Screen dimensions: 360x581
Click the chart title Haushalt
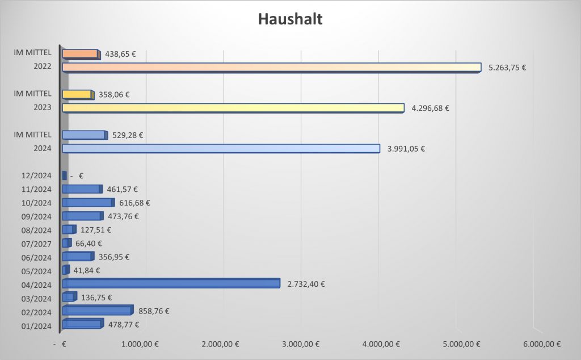[x=290, y=19]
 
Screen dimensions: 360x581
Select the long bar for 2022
[x=271, y=67]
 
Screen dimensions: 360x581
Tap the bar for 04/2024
[x=171, y=283]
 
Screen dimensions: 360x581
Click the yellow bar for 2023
[x=233, y=107]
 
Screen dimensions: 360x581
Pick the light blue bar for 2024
[x=221, y=148]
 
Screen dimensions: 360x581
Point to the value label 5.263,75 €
[x=507, y=68]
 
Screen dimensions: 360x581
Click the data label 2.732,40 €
[x=306, y=284]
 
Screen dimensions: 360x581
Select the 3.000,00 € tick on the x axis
[x=301, y=344]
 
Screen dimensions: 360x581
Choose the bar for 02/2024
[x=97, y=311]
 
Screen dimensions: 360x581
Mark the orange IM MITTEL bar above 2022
[x=81, y=54]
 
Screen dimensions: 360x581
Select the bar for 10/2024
[x=88, y=202]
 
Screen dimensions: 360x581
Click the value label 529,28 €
[x=128, y=135]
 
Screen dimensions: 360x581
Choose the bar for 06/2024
[x=77, y=257]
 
